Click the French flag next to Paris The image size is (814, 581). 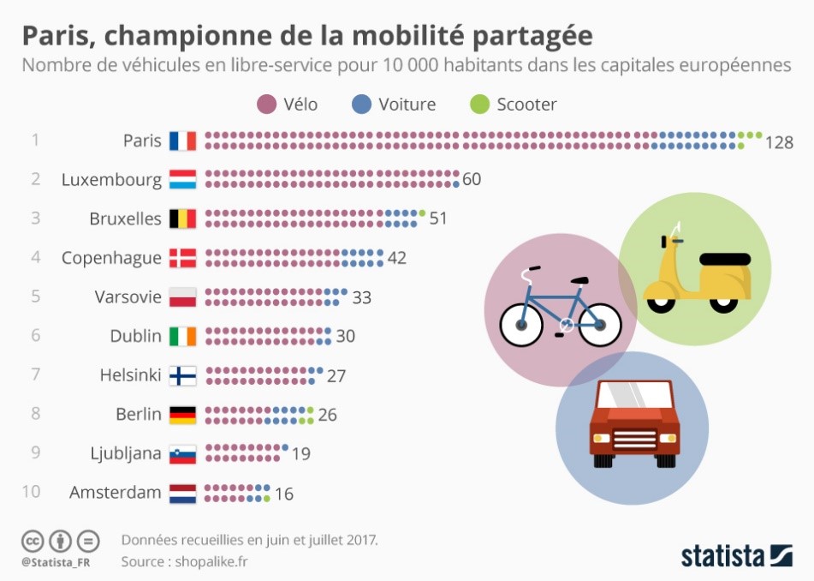pyautogui.click(x=183, y=141)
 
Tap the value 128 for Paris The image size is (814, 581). pyautogui.click(x=780, y=142)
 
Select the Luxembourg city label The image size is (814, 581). pyautogui.click(x=111, y=180)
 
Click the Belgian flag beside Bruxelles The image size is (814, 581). pyautogui.click(x=183, y=219)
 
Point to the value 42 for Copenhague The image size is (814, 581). pyautogui.click(x=396, y=258)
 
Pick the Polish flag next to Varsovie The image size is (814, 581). pyautogui.click(x=183, y=297)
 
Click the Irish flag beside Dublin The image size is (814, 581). pyautogui.click(x=183, y=336)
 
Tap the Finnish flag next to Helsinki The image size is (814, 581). pyautogui.click(x=183, y=375)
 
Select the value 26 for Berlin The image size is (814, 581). pyautogui.click(x=327, y=415)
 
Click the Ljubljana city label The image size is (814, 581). pyautogui.click(x=126, y=453)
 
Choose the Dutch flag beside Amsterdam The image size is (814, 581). pyautogui.click(x=183, y=493)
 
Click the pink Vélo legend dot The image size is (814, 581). pyautogui.click(x=265, y=105)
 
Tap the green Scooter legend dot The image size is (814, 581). pyautogui.click(x=480, y=105)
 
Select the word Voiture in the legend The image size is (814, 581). pyautogui.click(x=407, y=105)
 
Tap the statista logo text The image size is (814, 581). pyautogui.click(x=723, y=556)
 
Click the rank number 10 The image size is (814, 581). pyautogui.click(x=31, y=492)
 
